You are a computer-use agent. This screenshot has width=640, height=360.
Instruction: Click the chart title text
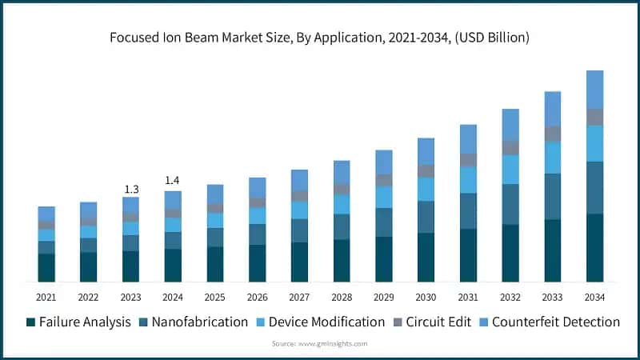320,38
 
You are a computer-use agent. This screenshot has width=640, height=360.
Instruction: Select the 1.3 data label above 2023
130,189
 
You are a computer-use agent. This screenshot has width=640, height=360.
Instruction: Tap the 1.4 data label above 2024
172,182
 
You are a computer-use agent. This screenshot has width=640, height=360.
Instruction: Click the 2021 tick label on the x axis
46,297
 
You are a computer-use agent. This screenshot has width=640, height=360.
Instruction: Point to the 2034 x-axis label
594,297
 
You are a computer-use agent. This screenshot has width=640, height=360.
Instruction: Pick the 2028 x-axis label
342,297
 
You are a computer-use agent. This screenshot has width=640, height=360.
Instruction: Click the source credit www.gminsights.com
320,343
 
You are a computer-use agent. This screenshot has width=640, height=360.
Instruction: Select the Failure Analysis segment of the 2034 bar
594,248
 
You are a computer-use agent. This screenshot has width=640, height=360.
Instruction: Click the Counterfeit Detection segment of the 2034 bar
594,90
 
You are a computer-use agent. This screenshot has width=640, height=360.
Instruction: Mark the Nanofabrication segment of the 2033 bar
553,196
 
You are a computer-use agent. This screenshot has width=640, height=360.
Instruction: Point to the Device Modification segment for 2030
426,189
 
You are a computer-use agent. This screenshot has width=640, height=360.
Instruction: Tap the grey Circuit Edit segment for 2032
510,148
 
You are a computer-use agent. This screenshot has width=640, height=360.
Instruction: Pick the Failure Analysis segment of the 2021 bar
46,267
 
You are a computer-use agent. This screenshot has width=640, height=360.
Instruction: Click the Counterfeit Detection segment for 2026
257,187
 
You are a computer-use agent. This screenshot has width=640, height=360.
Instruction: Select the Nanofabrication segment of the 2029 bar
384,222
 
